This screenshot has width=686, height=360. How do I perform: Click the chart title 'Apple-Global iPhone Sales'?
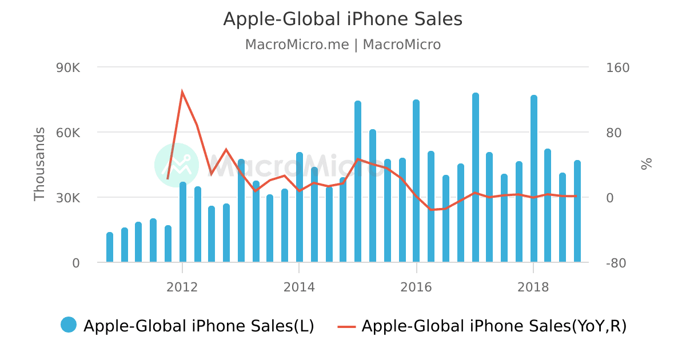[x=342, y=19]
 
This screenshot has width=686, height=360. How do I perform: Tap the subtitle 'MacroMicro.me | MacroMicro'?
[x=342, y=45]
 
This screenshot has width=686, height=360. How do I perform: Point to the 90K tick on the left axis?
[x=68, y=68]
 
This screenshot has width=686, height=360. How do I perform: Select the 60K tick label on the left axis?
[x=68, y=133]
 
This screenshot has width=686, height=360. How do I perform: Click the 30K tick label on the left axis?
[x=68, y=198]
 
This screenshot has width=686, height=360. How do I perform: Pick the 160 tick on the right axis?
[x=617, y=68]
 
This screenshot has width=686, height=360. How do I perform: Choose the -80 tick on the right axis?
[x=617, y=263]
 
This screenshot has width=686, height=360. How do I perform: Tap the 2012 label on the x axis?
[x=182, y=287]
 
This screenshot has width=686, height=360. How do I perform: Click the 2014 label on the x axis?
[x=299, y=287]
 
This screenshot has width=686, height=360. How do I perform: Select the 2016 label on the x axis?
[x=416, y=287]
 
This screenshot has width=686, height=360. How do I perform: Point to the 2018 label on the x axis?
[x=533, y=287]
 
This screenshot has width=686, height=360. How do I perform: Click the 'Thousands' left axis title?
[x=39, y=164]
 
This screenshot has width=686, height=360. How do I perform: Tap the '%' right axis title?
[x=647, y=165]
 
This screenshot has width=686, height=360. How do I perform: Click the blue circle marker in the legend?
[x=69, y=325]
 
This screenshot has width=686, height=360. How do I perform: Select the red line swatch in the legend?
[x=346, y=326]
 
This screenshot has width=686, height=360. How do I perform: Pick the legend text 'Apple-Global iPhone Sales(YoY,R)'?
[x=494, y=326]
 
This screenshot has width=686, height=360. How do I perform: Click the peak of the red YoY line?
[x=182, y=92]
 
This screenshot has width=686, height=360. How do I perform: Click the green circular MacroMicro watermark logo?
[x=177, y=165]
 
